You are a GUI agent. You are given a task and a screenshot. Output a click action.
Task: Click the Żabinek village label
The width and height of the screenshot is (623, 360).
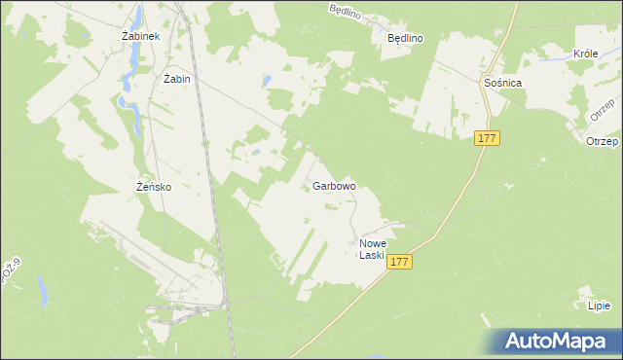click(x=140, y=35)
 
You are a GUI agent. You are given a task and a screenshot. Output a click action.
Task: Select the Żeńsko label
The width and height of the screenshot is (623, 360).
click(x=154, y=187)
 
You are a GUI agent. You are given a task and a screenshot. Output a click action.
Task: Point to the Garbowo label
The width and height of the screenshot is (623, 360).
click(x=334, y=185)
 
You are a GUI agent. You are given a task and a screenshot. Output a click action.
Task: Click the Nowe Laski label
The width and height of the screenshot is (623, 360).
click(x=373, y=249)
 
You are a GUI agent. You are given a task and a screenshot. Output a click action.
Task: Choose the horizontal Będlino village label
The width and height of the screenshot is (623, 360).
click(x=405, y=38)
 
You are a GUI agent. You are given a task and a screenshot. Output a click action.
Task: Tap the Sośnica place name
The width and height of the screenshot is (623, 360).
click(x=503, y=84)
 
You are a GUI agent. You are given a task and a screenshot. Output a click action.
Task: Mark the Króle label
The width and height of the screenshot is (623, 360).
click(x=586, y=54)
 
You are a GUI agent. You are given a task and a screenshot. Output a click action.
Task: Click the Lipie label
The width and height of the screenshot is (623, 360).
click(x=599, y=306)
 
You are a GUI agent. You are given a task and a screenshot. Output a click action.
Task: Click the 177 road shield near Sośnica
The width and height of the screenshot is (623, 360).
click(x=488, y=139)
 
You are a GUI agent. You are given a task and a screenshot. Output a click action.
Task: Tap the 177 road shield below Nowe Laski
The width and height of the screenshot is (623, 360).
click(x=399, y=262)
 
